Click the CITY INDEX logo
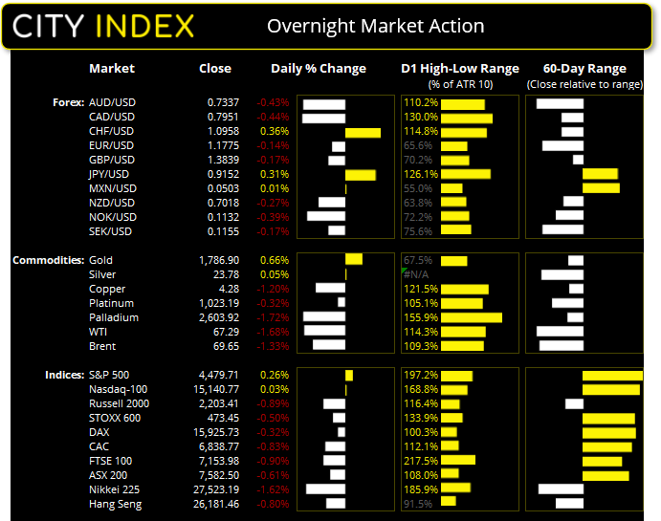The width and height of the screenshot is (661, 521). point(103,26)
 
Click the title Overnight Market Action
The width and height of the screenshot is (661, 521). point(375,26)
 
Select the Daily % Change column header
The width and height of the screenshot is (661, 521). point(319,69)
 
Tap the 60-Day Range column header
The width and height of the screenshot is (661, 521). point(584,69)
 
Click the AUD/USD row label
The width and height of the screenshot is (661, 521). point(111,102)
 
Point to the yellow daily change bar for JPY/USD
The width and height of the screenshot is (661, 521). point(361,175)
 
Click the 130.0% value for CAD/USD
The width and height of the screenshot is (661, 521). point(421,117)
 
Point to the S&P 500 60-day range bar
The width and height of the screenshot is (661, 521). point(612,376)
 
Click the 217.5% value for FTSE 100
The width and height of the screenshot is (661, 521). point(421,461)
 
